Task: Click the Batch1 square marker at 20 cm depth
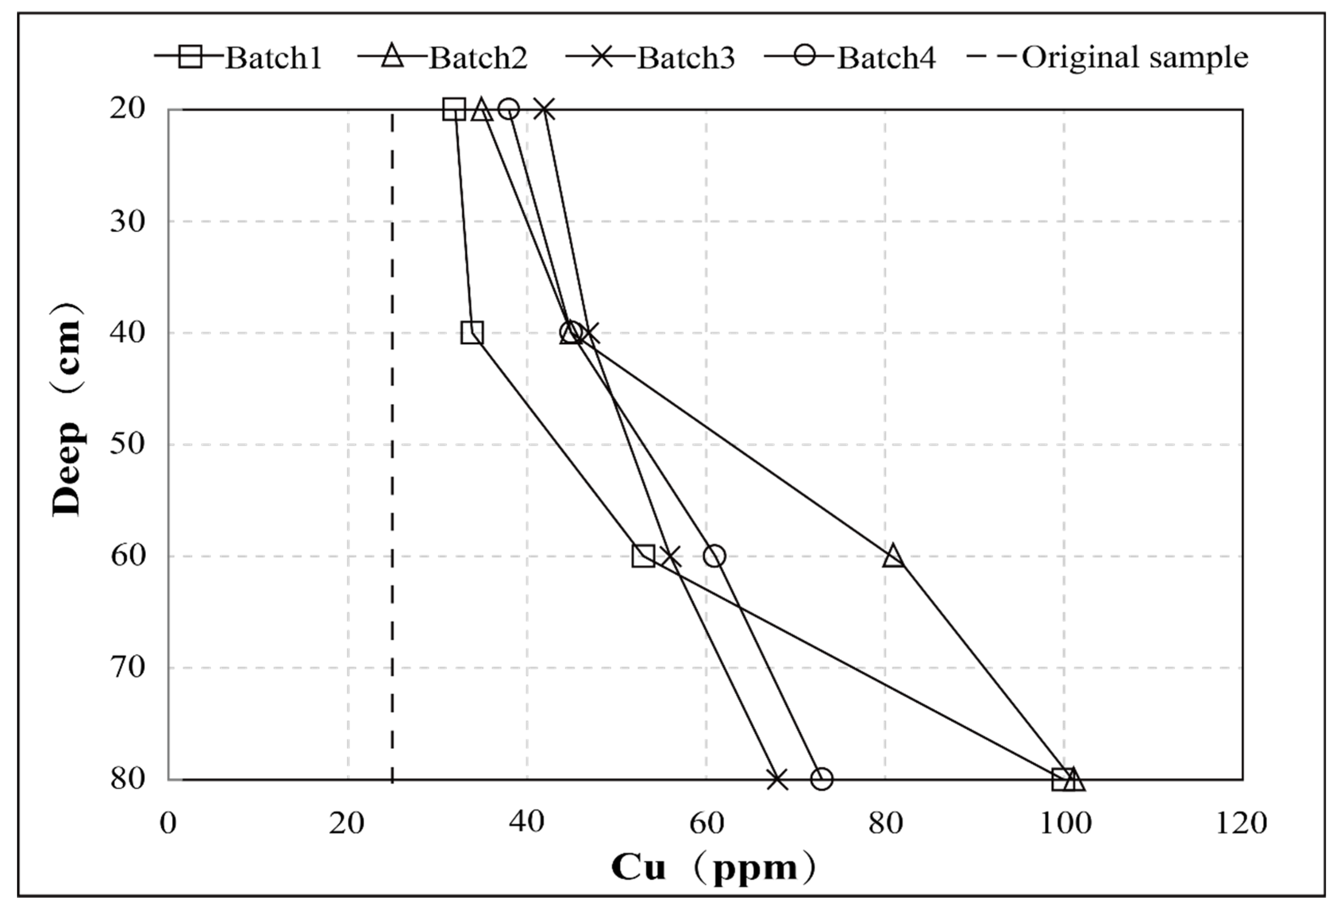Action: coord(454,109)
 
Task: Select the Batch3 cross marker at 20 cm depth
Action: coord(545,109)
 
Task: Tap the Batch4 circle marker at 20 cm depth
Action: coord(509,109)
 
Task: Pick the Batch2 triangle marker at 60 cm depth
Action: coord(893,556)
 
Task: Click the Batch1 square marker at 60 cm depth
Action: coord(643,556)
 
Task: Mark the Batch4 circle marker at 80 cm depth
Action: coord(821,779)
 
